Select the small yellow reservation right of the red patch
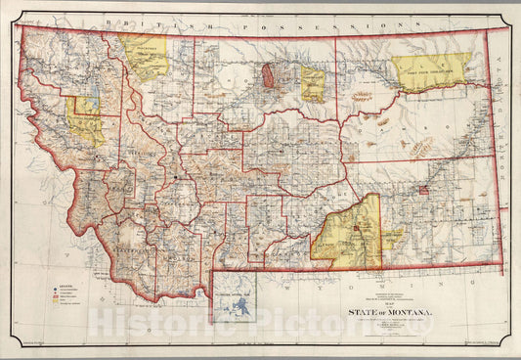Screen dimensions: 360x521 (x=312, y=84)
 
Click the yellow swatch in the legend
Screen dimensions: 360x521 (x=58, y=302)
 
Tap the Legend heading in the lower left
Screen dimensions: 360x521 (x=63, y=285)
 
